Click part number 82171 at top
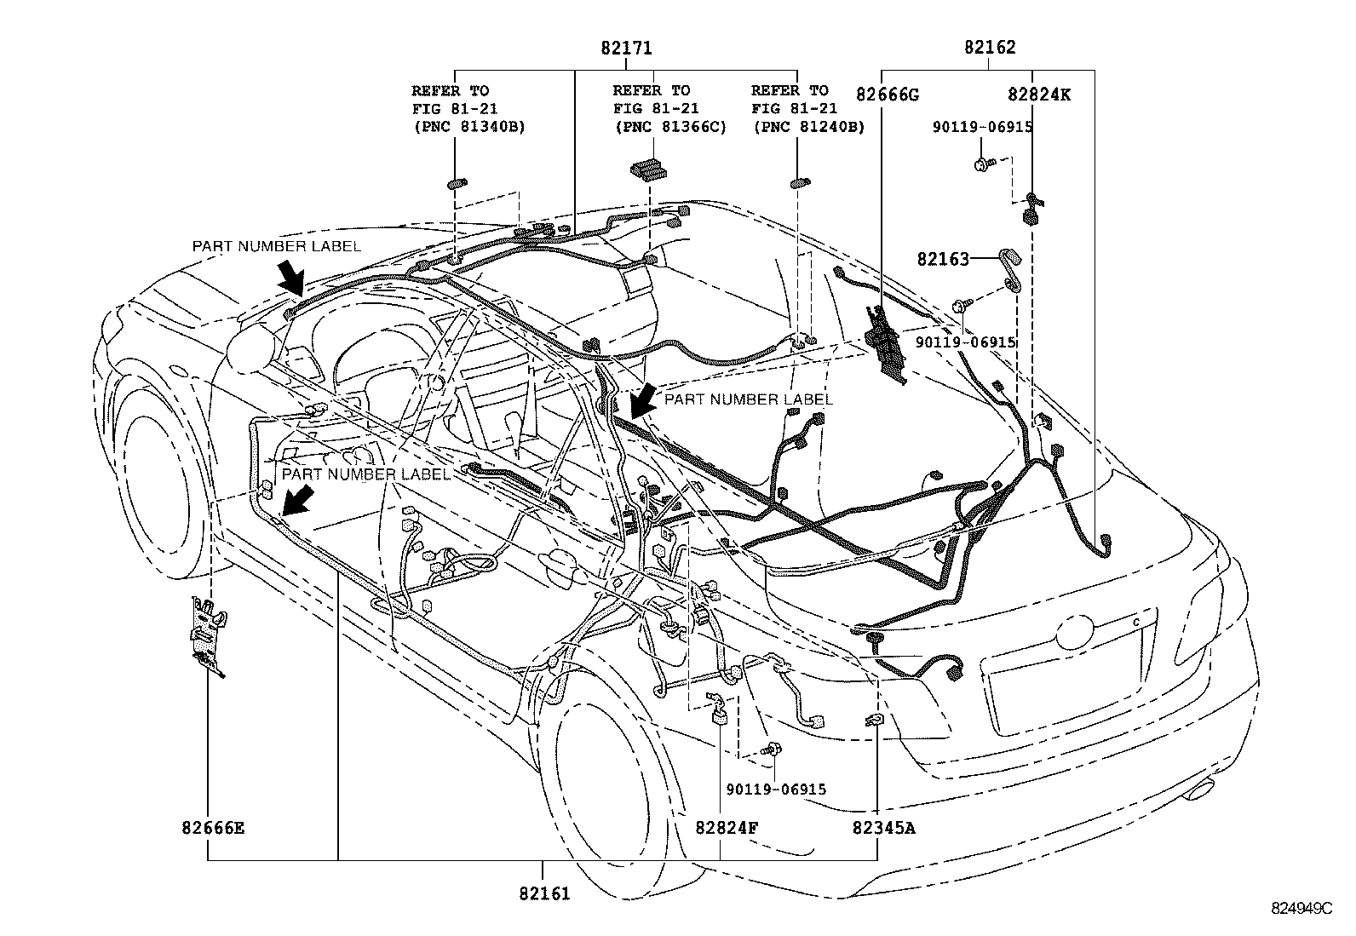(626, 49)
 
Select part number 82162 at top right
(990, 49)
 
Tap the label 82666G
(888, 95)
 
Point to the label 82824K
(1039, 95)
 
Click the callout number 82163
(943, 259)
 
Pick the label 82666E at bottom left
(213, 827)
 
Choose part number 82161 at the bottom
(543, 893)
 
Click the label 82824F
(726, 827)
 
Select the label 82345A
(884, 827)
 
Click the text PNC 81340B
(468, 127)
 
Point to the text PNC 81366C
(670, 127)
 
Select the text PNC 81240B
(808, 127)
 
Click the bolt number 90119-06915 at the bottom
(776, 790)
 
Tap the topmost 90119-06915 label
(981, 127)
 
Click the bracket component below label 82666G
(886, 345)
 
